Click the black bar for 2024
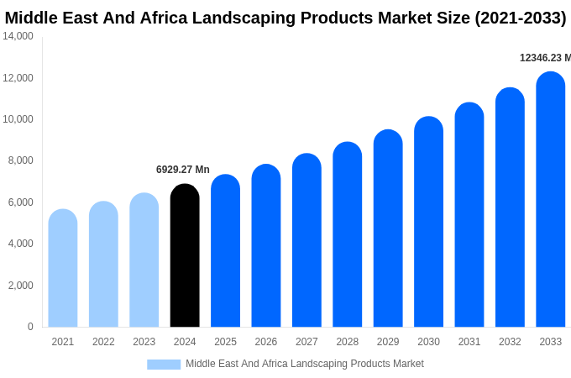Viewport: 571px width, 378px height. (185, 256)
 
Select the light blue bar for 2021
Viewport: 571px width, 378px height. (63, 269)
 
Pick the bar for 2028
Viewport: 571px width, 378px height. (347, 235)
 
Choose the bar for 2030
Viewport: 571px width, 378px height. (428, 223)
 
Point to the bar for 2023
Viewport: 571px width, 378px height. (144, 260)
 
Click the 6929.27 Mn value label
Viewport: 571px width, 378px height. (183, 170)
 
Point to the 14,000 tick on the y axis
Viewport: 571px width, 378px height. (18, 36)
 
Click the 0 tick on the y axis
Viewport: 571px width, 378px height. (30, 327)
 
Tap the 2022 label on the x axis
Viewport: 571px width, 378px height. (103, 342)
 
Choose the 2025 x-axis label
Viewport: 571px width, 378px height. (225, 342)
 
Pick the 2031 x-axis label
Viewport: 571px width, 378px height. (469, 342)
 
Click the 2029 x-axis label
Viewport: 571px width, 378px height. (388, 342)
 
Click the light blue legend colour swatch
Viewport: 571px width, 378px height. (164, 365)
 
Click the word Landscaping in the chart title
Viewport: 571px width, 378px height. (272, 18)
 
